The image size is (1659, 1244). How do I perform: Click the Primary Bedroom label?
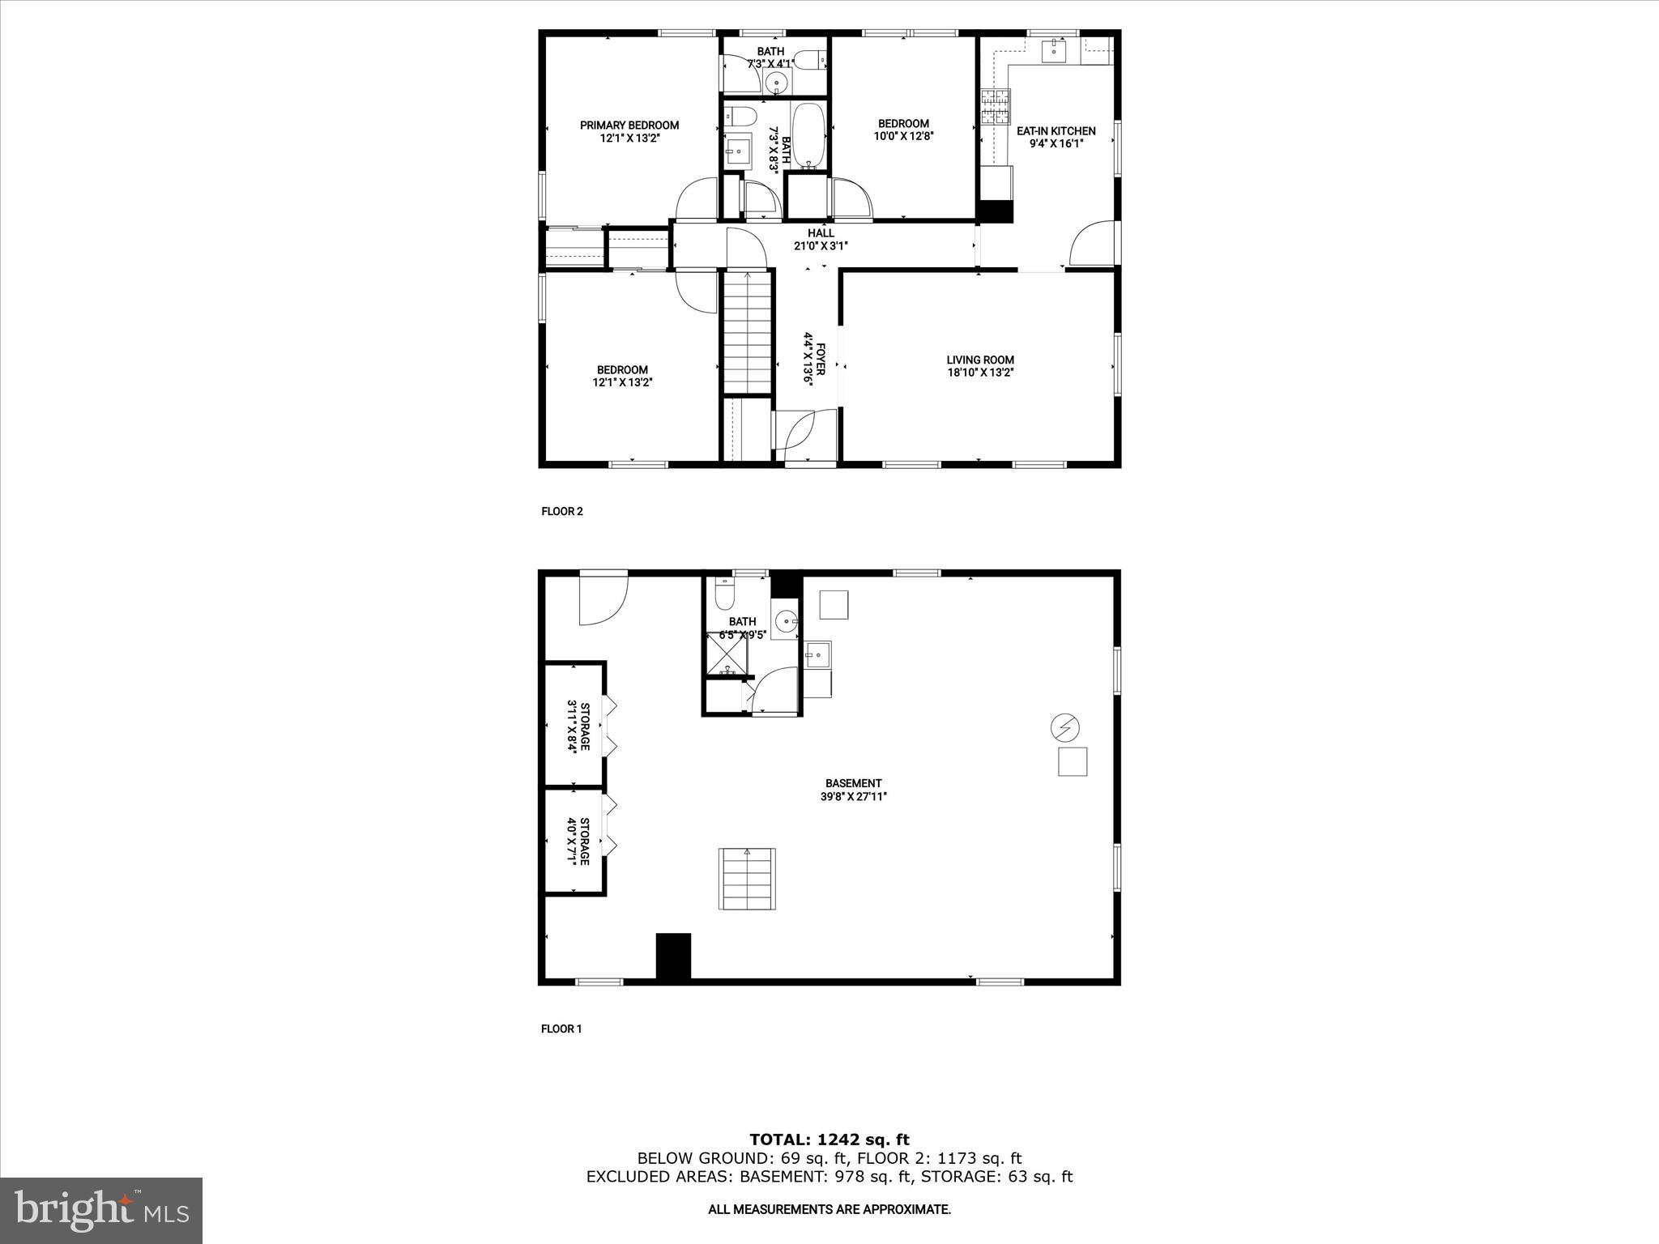click(x=629, y=126)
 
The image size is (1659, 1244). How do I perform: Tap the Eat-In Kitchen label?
click(x=1056, y=131)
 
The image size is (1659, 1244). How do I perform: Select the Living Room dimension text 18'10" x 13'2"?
click(x=980, y=373)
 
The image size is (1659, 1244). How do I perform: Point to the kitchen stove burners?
click(x=996, y=106)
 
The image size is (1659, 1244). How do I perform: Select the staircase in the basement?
click(x=746, y=879)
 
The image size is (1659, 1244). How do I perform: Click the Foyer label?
click(x=821, y=358)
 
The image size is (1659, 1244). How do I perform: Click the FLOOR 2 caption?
click(x=561, y=511)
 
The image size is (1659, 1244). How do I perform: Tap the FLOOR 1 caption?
click(x=561, y=1029)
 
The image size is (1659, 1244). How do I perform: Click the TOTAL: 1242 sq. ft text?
click(x=829, y=1140)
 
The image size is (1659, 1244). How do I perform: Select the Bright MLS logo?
click(x=101, y=1210)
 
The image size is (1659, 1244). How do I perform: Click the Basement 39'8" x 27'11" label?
click(x=853, y=790)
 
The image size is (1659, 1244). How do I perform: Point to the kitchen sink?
click(x=1054, y=50)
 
